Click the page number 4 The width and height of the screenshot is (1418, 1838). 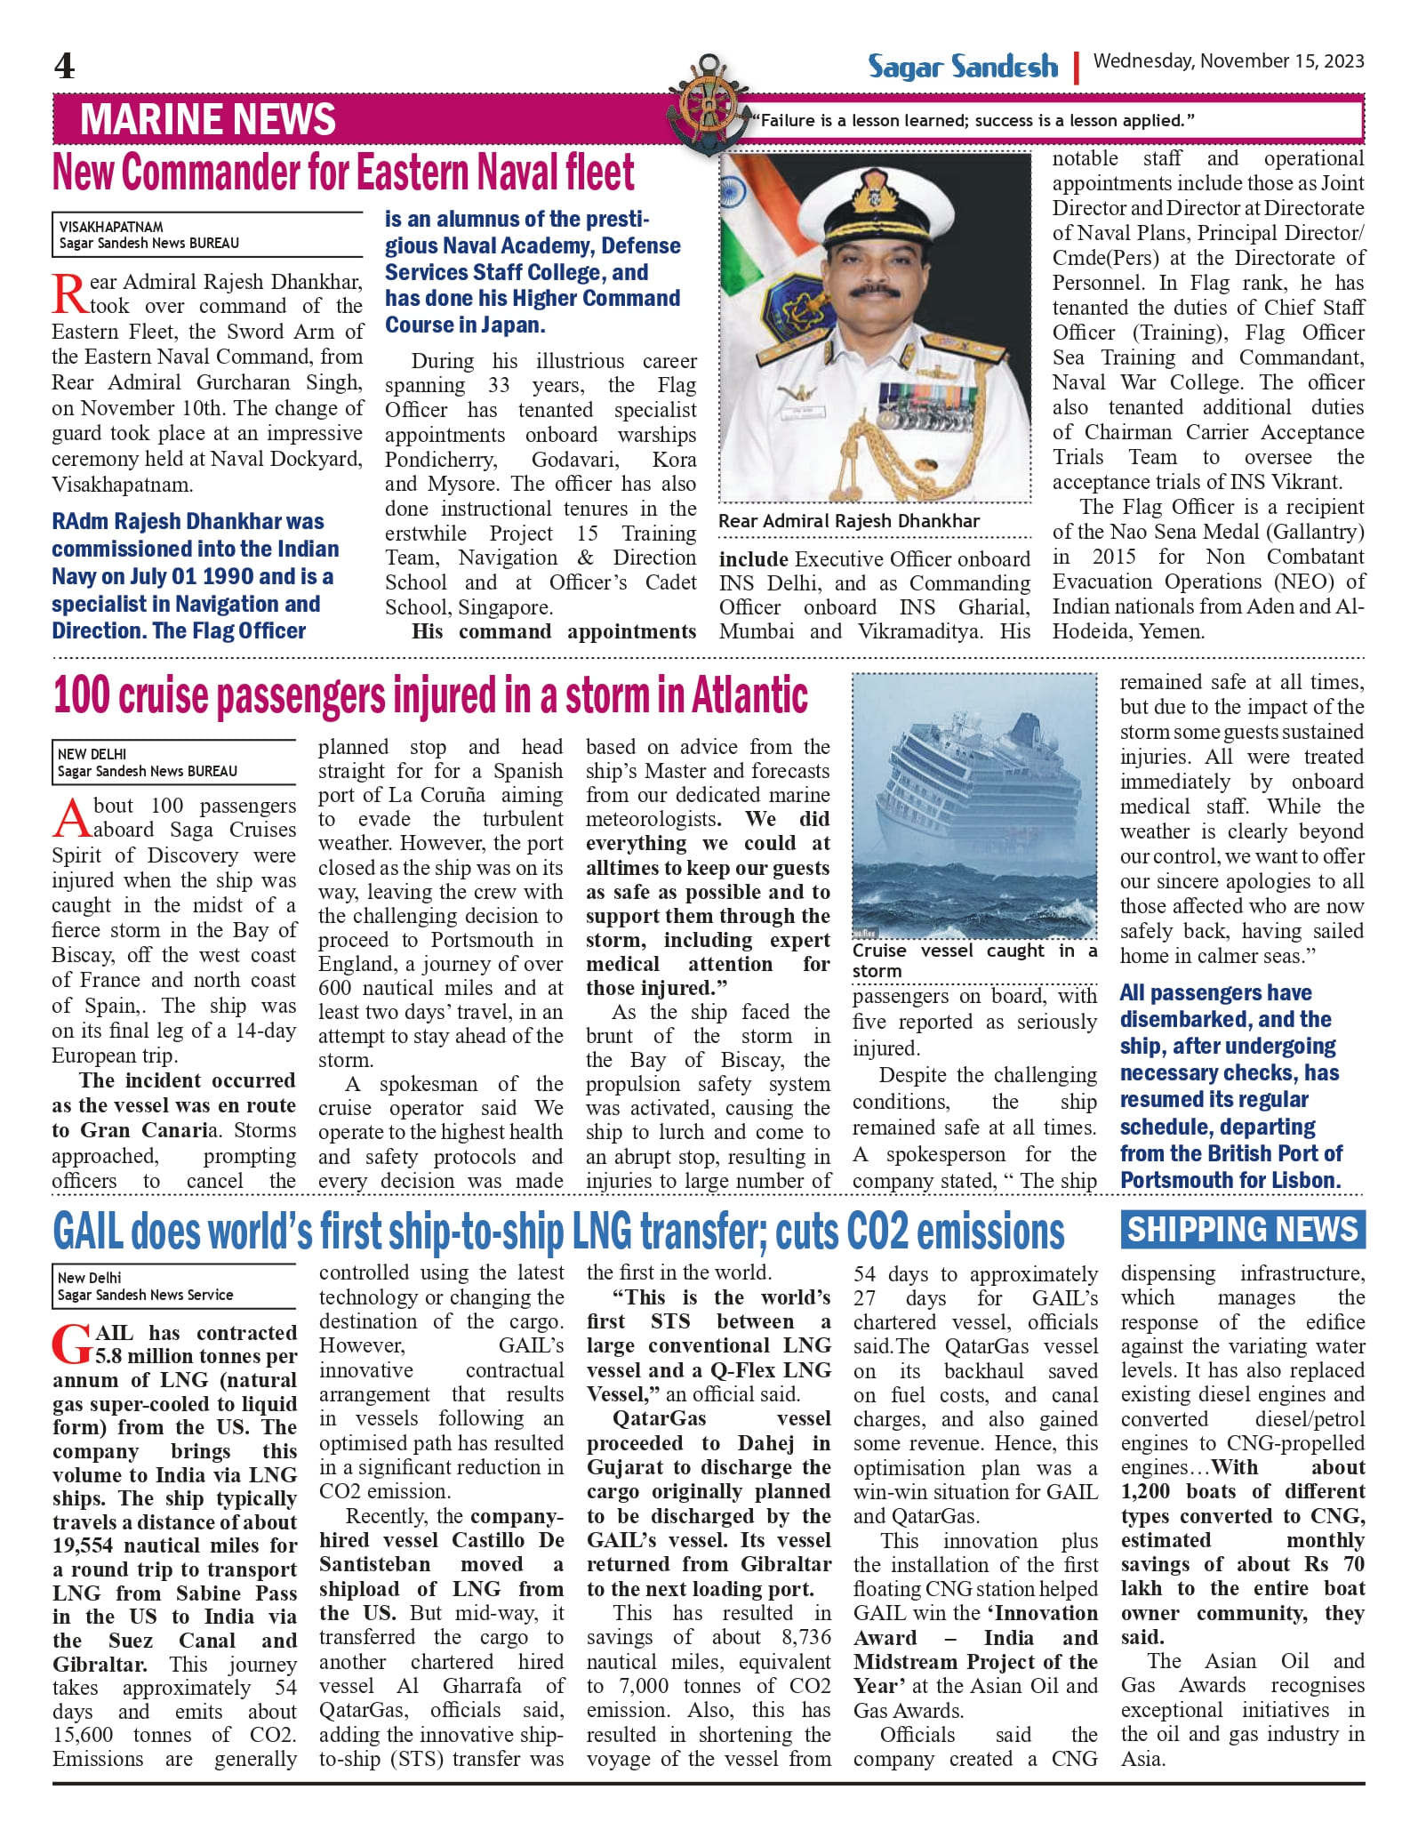tap(64, 66)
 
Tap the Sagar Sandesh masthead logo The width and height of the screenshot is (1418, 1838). tap(962, 67)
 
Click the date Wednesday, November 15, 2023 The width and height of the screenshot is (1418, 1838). tap(1228, 61)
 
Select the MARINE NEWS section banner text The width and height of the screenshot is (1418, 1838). tap(208, 119)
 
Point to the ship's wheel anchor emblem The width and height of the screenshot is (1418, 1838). tap(709, 106)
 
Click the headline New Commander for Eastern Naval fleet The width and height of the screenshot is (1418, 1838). tap(343, 173)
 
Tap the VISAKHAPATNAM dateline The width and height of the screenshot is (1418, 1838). tap(111, 227)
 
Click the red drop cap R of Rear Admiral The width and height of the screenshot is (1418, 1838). tap(69, 294)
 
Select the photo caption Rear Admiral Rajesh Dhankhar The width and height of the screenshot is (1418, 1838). tap(849, 521)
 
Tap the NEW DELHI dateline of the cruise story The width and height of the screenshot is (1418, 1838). tap(92, 753)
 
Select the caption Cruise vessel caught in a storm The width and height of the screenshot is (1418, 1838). tap(973, 960)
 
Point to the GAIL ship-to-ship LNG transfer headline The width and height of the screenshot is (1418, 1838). tap(558, 1232)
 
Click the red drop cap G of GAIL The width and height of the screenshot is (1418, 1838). tap(71, 1345)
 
